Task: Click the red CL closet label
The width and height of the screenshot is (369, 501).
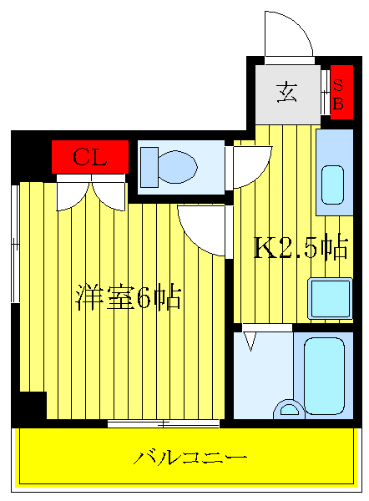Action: pos(89,156)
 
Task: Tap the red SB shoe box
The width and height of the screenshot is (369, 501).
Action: pos(339,93)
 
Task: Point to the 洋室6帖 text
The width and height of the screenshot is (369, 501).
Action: pos(129,298)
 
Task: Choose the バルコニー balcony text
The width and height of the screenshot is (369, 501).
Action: pos(190,458)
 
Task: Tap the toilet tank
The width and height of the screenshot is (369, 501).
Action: pos(149,165)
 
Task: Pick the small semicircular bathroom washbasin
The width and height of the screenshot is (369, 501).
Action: pos(289,409)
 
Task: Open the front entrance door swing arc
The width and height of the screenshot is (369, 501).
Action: pos(288,35)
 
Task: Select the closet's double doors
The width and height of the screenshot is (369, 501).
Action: pos(89,191)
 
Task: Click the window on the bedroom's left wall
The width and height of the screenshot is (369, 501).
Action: pos(16,242)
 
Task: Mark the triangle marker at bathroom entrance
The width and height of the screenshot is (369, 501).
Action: pos(250,341)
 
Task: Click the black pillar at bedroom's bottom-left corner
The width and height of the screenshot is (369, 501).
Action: pos(30,406)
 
